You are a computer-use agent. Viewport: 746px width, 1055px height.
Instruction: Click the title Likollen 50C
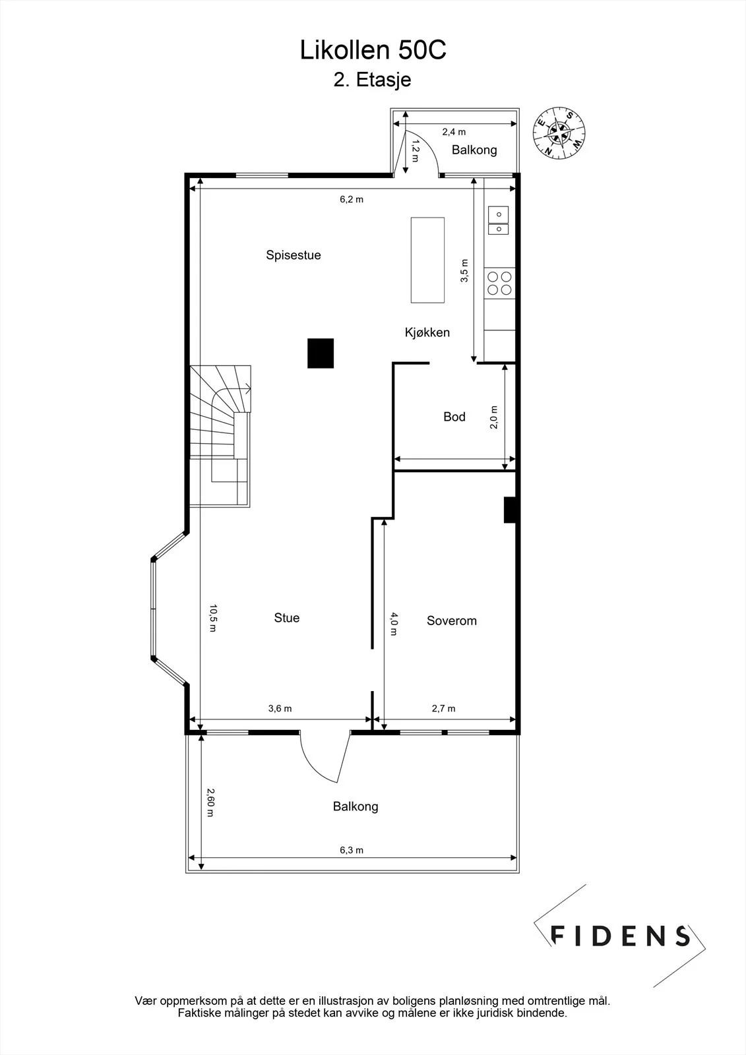click(x=373, y=50)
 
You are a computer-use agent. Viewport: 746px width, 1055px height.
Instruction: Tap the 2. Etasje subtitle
click(x=372, y=80)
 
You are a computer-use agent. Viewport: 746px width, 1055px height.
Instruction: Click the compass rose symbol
click(x=559, y=133)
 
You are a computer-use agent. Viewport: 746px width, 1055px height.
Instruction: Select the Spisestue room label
click(x=293, y=255)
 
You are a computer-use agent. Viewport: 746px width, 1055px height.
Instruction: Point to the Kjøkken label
click(x=427, y=332)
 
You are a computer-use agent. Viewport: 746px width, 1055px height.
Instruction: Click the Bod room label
click(x=454, y=416)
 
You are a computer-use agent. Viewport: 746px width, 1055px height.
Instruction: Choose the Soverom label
click(x=451, y=620)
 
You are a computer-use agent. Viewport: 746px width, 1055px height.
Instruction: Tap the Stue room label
click(x=286, y=618)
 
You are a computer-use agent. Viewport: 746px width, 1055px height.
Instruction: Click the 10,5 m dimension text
click(x=213, y=618)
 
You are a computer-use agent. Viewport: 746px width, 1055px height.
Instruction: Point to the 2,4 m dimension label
click(x=454, y=132)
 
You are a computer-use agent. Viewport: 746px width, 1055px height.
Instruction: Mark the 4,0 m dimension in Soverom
click(x=394, y=624)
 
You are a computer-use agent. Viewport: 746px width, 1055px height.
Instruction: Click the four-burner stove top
click(x=499, y=283)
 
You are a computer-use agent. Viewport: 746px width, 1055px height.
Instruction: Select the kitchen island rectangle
click(x=427, y=260)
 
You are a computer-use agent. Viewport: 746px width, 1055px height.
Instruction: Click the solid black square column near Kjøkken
click(x=321, y=353)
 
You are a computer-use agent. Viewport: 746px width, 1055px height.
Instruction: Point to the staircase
click(x=220, y=436)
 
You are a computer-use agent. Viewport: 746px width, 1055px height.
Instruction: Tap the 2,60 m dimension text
click(x=210, y=802)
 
